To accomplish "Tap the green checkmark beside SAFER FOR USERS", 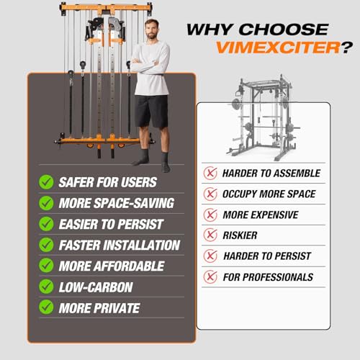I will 46,181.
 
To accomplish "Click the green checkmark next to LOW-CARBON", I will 46,287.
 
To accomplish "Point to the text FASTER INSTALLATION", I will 120,245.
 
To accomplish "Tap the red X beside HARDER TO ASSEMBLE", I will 210,173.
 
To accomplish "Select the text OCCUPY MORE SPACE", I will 269,194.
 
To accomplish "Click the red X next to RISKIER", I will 210,235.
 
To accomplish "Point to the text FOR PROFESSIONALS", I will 268,276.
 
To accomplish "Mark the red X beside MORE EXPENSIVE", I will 210,215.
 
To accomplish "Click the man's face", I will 149,31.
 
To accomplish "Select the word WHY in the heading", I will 210,30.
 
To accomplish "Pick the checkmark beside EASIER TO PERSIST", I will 46,224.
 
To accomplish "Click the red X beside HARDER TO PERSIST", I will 210,256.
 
